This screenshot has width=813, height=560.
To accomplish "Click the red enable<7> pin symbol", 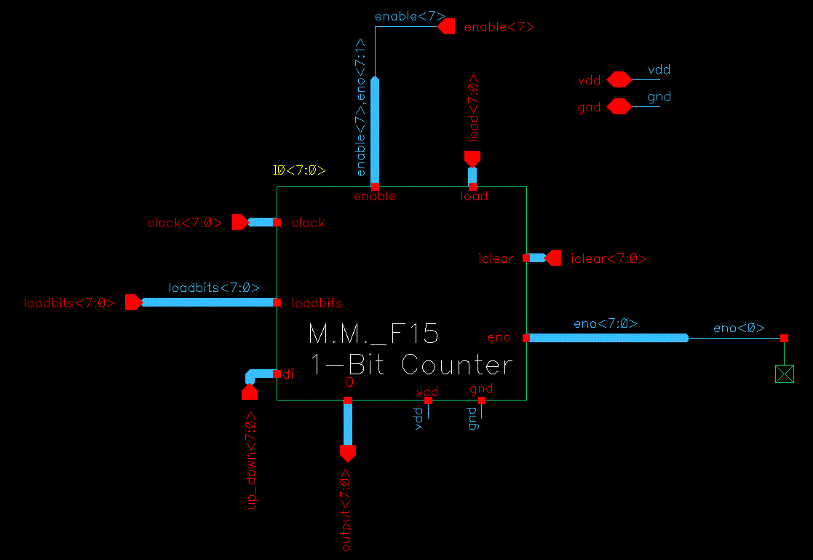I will coord(447,27).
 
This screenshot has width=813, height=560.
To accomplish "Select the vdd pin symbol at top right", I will coord(619,79).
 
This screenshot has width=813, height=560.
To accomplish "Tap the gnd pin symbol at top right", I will coord(619,107).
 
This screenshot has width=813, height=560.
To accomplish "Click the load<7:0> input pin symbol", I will coord(472,158).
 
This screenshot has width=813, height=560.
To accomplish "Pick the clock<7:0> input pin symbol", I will coord(239,222).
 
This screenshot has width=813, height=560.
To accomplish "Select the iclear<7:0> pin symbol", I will coord(554,258).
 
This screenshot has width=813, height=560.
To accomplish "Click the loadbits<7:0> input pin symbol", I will coord(132,302).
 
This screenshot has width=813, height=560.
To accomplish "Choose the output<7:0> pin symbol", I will coord(348,453).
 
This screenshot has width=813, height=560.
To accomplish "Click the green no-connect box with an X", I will coord(784,374).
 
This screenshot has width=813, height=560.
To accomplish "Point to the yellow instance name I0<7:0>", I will coord(299,171).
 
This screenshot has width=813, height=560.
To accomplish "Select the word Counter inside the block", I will coord(457,364).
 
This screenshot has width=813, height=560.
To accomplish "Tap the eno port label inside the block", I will coord(499,338).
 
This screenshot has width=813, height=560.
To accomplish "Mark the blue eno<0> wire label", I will coord(739,328).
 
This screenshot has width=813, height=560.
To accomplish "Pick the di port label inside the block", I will coord(287,374).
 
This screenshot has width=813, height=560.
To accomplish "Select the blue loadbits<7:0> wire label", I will coord(214,288).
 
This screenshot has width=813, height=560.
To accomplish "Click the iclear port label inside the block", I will coord(496,259).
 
